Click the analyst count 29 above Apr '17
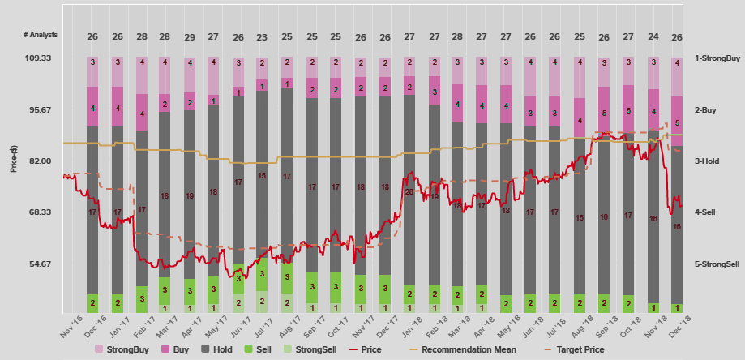[189, 36]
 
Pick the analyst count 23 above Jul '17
[262, 36]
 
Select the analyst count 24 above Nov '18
[653, 36]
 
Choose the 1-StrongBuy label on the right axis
[717, 58]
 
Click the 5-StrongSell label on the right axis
[717, 264]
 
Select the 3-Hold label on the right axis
[707, 161]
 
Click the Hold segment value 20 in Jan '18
[409, 192]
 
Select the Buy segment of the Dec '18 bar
[677, 122]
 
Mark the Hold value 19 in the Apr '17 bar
[189, 196]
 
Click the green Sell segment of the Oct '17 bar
[336, 287]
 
